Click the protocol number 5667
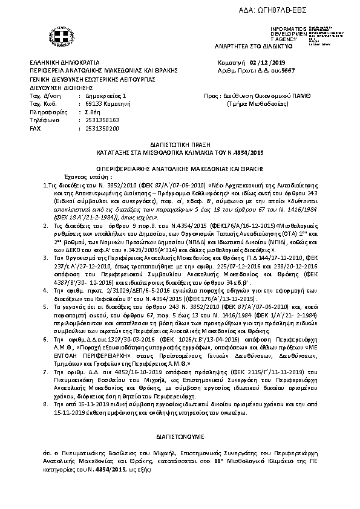coord(286,71)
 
